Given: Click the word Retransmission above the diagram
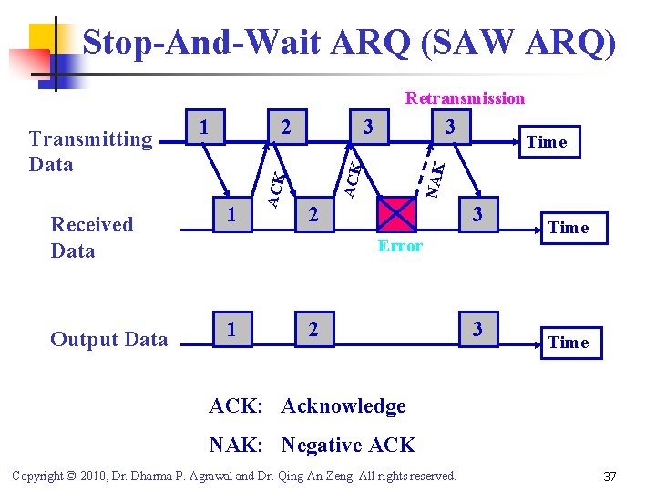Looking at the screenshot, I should pyautogui.click(x=465, y=97).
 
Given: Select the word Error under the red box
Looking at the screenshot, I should pyautogui.click(x=400, y=246).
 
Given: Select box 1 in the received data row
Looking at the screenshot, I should pyautogui.click(x=233, y=214).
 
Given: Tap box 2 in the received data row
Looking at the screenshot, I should pyautogui.click(x=313, y=215).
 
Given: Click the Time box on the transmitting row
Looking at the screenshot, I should pyautogui.click(x=547, y=141).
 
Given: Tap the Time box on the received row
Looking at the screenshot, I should pyautogui.click(x=569, y=228).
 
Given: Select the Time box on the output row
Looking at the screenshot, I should pyautogui.click(x=569, y=343).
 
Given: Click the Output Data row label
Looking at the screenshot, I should pyautogui.click(x=108, y=340).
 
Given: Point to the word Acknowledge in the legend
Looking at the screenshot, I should pyautogui.click(x=343, y=405).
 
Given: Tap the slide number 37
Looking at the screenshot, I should pyautogui.click(x=610, y=477).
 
